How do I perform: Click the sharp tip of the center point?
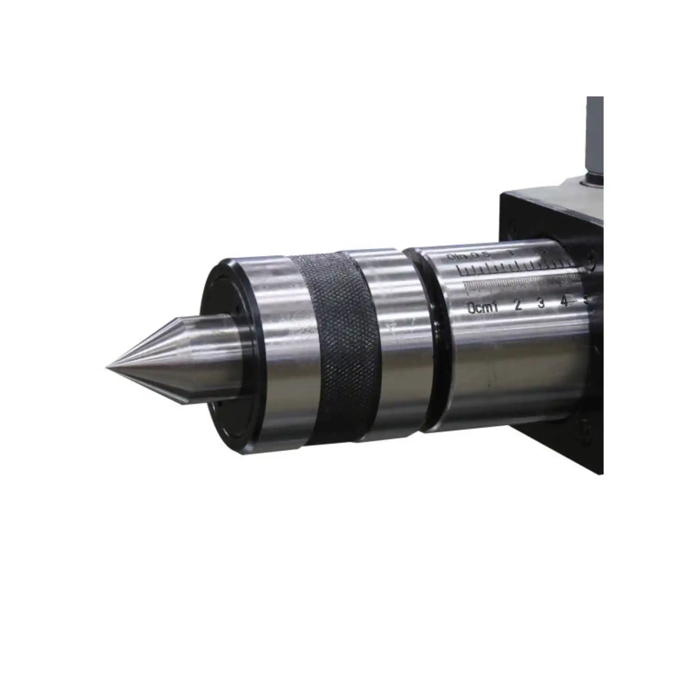(107, 368)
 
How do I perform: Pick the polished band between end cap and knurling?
(286, 348)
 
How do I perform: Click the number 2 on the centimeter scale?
(518, 305)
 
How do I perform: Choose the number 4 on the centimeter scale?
(564, 301)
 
